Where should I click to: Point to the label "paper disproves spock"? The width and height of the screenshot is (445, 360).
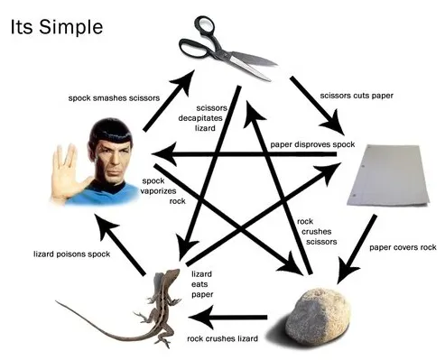(313, 145)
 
